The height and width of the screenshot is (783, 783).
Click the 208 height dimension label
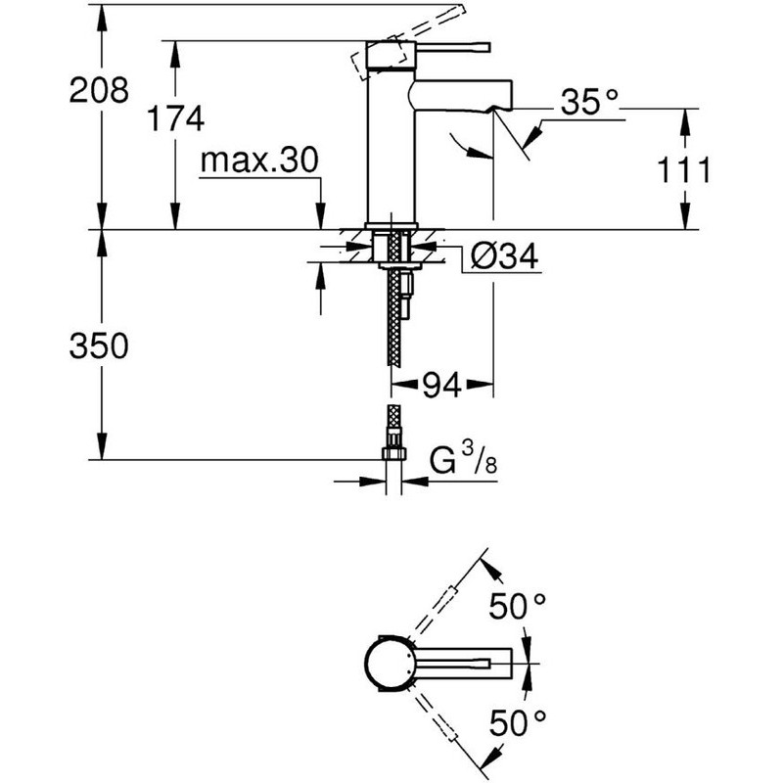(x=99, y=90)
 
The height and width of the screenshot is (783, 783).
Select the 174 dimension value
(x=176, y=118)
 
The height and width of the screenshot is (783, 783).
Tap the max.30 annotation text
(x=259, y=161)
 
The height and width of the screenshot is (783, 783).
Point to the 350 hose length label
(x=99, y=345)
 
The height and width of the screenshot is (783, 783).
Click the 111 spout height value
(x=683, y=169)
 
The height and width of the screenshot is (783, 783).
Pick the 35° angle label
(x=589, y=102)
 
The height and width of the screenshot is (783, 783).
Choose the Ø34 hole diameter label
(x=504, y=256)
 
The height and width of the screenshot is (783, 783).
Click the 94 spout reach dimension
(x=442, y=385)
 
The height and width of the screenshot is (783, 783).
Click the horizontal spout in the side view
(x=461, y=94)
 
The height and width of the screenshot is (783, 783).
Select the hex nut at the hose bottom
(x=394, y=453)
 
